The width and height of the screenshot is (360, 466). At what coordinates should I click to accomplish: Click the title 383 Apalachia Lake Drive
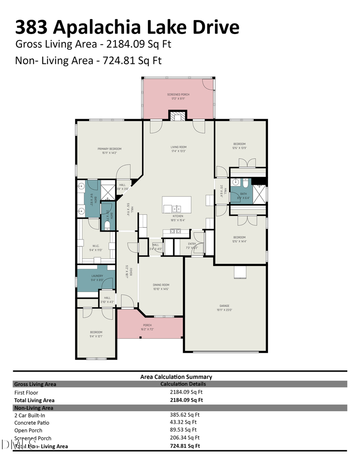pos(127,27)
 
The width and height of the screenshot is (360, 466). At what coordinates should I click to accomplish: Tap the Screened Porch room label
pos(178,94)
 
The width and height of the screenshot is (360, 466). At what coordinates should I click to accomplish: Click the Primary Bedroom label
pos(109,149)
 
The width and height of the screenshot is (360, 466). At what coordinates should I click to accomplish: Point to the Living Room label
pos(178,147)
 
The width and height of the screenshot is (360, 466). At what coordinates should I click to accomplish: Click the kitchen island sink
pos(176,208)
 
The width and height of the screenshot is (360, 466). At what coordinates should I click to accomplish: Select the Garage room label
pos(224,306)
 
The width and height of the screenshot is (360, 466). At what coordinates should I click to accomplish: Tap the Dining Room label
pos(161,285)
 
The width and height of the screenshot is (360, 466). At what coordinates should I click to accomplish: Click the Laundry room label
pos(97,276)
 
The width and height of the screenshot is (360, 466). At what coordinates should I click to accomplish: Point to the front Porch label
pos(147,325)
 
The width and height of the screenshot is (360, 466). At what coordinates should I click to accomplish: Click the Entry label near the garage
pos(192,244)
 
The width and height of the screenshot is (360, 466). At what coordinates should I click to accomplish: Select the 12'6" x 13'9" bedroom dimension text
pos(240,148)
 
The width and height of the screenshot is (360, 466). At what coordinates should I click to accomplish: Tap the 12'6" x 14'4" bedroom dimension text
pos(240,241)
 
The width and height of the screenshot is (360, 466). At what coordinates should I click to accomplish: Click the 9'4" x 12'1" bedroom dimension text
pos(96,336)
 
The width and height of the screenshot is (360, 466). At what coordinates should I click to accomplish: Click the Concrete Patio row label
pos(32,423)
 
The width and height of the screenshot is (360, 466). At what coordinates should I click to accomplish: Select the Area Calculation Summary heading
pos(176,377)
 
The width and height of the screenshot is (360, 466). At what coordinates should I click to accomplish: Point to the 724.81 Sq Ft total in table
pos(185,446)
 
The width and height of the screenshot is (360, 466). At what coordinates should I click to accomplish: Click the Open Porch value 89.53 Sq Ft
pos(183,430)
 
